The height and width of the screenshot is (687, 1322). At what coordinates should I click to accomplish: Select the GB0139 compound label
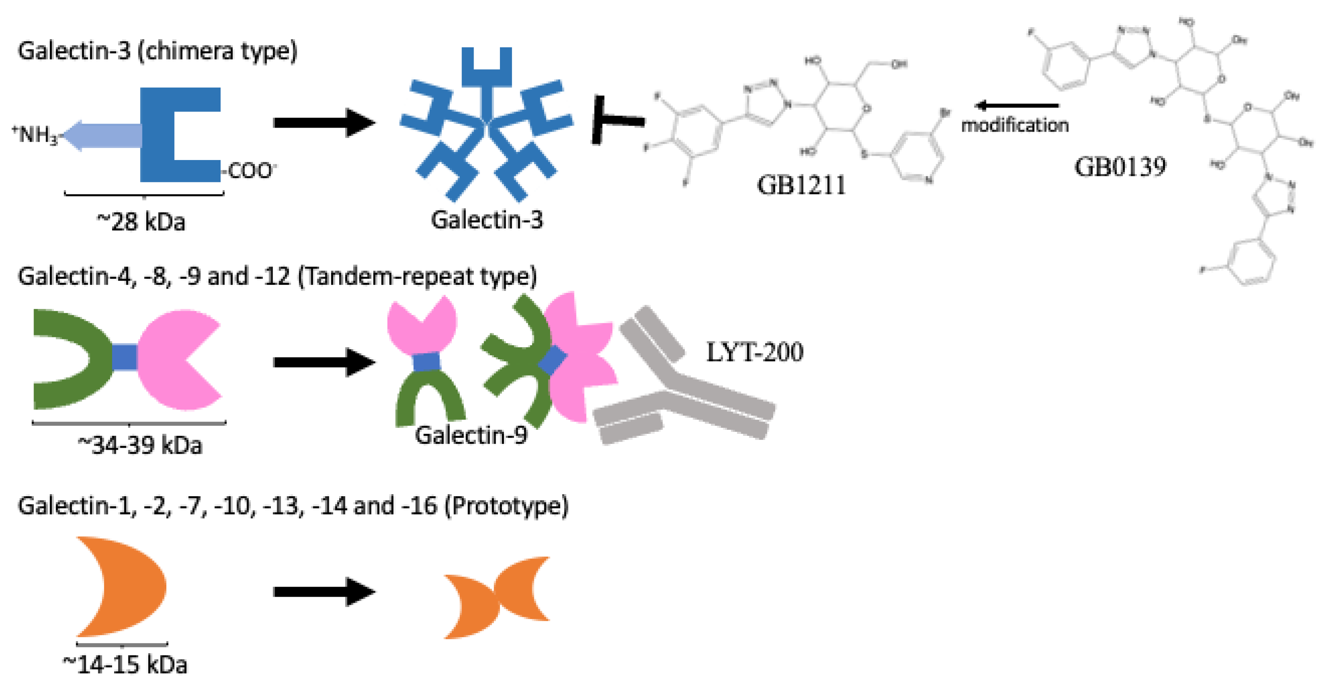pos(1120,167)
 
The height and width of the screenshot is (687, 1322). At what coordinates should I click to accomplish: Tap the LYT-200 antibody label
pos(755,352)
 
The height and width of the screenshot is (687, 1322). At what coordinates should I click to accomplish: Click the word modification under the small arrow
pos(1015,125)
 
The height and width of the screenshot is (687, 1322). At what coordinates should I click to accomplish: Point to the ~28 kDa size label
pos(141,222)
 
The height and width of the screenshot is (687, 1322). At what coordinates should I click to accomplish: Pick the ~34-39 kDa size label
pos(140,445)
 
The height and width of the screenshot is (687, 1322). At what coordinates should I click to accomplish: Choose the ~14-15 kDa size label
pos(125,664)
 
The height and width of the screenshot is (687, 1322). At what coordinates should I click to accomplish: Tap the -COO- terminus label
pos(250,171)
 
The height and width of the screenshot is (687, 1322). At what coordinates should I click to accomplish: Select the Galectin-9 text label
pos(471,435)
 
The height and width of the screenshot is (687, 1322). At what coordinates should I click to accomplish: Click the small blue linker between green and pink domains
pos(125,357)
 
